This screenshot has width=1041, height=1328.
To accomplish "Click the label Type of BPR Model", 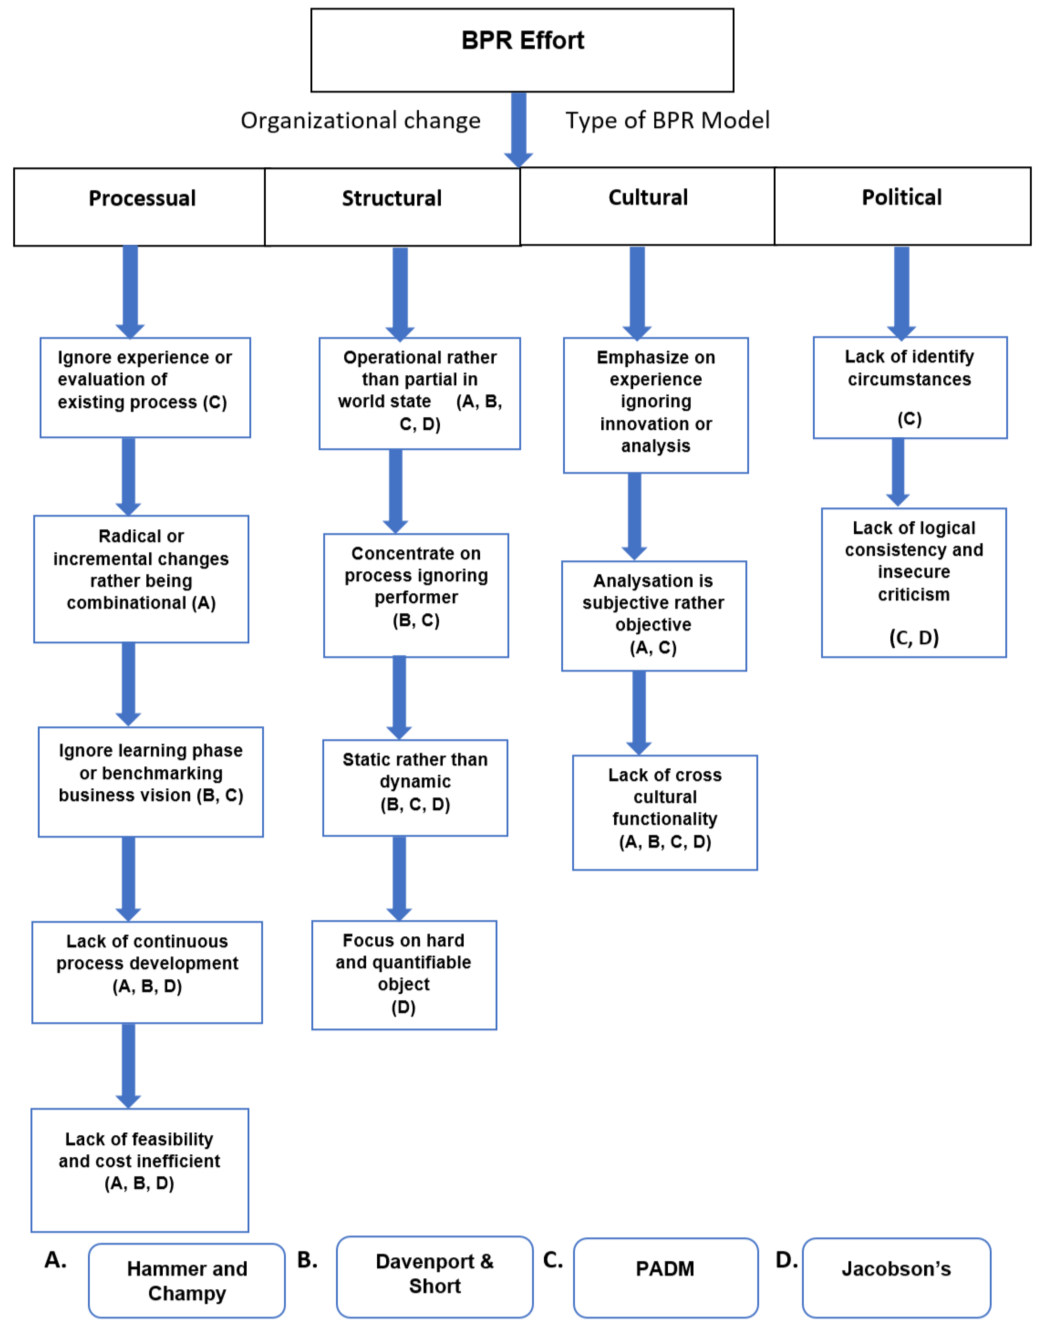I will (x=667, y=121).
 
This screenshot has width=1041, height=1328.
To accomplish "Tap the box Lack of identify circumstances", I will (x=909, y=387).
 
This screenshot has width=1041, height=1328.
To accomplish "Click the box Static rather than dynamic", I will (x=415, y=788).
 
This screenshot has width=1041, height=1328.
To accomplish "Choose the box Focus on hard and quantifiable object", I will (x=404, y=975).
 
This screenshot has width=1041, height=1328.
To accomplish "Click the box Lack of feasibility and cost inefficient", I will (x=139, y=1169).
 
